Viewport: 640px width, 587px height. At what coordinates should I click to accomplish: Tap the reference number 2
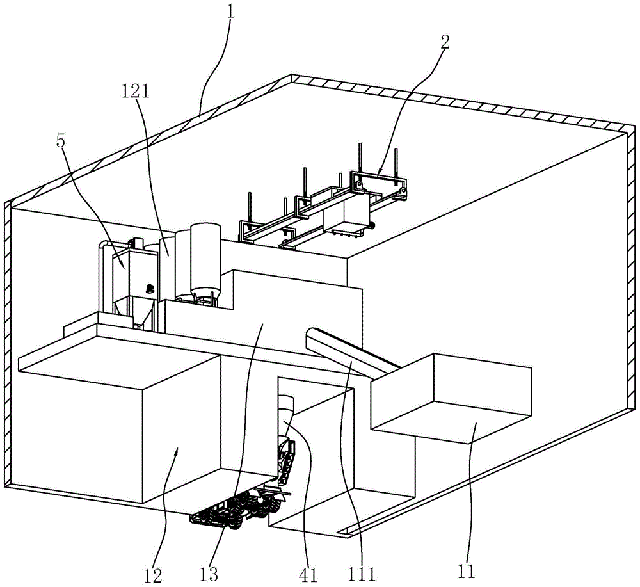pos(445,43)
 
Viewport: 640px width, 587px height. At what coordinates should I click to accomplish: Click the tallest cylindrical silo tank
pos(205,256)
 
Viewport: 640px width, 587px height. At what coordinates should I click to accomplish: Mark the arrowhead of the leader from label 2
pos(378,175)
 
